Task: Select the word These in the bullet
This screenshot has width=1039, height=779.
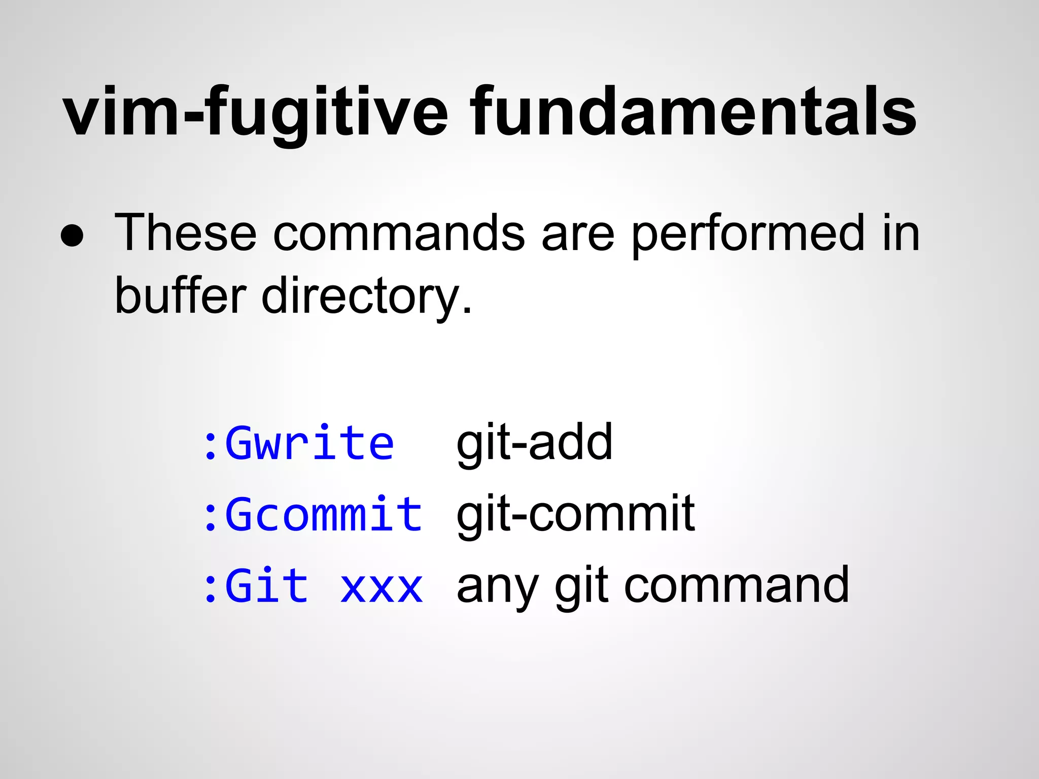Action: [185, 233]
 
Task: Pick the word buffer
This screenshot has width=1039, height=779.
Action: [180, 296]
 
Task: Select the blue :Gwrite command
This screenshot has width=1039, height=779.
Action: [298, 444]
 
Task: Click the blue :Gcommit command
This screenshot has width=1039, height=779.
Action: [312, 515]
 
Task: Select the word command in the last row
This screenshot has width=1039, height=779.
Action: [736, 586]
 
